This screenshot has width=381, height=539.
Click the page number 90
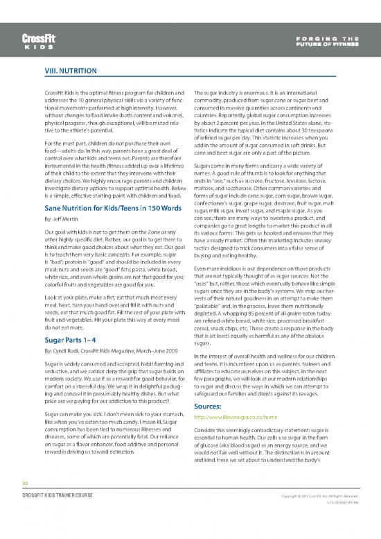coord(24,502)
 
